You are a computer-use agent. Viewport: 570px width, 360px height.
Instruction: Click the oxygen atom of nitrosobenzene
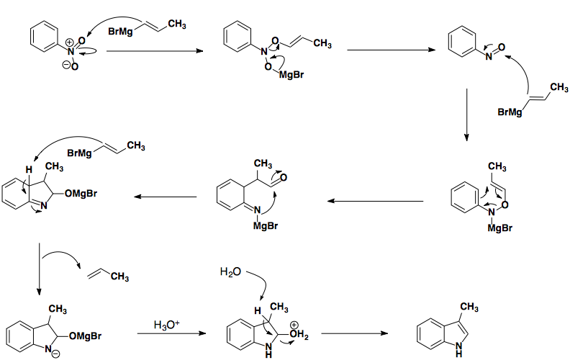501,48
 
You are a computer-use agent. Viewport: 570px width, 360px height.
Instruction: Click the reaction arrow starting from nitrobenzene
152,51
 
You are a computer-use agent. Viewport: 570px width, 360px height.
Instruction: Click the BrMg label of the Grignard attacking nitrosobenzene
510,112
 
